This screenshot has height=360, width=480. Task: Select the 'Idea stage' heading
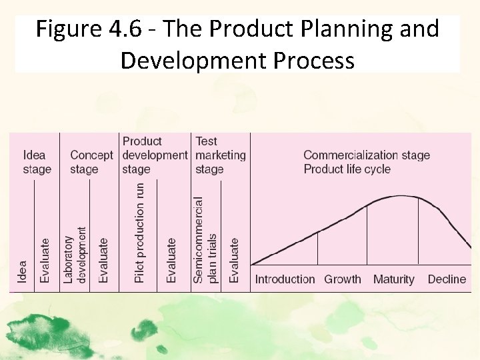(x=37, y=162)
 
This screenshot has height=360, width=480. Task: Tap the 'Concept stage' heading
(x=91, y=162)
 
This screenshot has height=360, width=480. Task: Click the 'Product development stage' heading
(x=155, y=155)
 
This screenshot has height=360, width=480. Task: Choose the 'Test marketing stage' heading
(x=220, y=155)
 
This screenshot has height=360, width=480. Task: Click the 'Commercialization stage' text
(x=367, y=155)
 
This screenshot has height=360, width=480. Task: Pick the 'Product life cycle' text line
(x=347, y=169)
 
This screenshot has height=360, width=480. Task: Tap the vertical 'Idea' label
(x=23, y=271)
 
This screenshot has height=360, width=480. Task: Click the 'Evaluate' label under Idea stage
(x=44, y=261)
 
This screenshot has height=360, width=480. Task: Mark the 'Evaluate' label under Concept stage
(x=103, y=261)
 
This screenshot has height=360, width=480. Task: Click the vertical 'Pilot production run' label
(x=139, y=233)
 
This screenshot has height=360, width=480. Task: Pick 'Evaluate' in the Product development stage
(x=171, y=261)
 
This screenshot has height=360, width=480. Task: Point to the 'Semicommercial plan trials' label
(x=205, y=239)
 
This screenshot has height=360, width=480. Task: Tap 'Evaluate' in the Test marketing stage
(x=234, y=261)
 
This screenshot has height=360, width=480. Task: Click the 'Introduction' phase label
(x=285, y=279)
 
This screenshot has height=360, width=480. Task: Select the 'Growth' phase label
(x=342, y=279)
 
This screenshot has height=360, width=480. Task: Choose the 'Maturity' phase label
(x=393, y=279)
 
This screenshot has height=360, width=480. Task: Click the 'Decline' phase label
(x=447, y=279)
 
